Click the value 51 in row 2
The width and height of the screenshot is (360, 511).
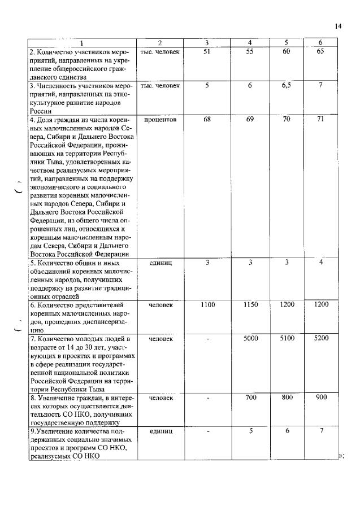(207, 51)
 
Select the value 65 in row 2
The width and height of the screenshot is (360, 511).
(320, 51)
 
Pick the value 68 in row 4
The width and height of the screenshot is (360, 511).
(207, 120)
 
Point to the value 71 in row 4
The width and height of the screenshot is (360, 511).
(320, 120)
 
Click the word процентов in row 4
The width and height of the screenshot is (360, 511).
(161, 120)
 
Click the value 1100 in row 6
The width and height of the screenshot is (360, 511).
(207, 305)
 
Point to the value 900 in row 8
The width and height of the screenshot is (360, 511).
(321, 398)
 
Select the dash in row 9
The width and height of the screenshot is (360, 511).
(208, 432)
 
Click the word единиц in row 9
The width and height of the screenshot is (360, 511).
(161, 431)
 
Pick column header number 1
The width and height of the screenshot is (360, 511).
(81, 43)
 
